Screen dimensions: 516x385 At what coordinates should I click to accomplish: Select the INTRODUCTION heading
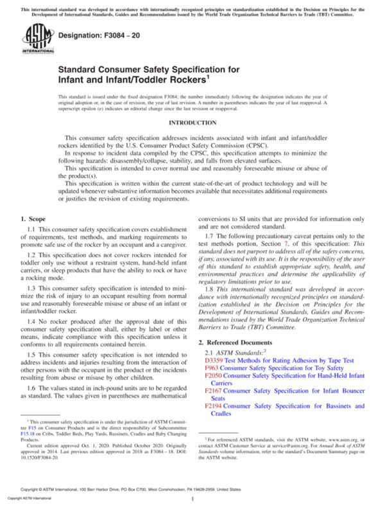pyautogui.click(x=192, y=122)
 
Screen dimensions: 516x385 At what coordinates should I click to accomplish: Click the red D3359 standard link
pyautogui.click(x=215, y=379)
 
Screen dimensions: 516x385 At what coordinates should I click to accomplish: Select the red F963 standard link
pyautogui.click(x=212, y=387)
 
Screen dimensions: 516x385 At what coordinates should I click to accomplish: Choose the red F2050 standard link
pyautogui.click(x=214, y=396)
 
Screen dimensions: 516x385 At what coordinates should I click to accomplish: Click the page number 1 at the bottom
pyautogui.click(x=193, y=498)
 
